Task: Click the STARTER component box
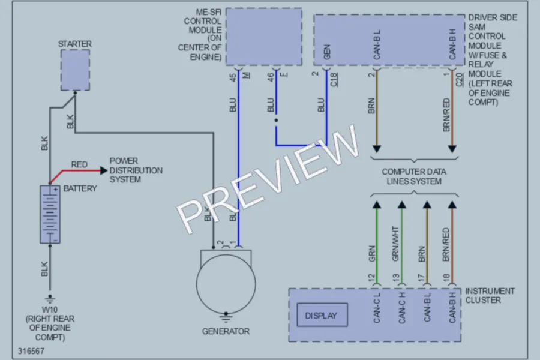tap(75, 70)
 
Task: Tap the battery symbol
tap(50, 214)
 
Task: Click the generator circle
tap(226, 284)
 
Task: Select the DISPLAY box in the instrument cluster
tap(322, 315)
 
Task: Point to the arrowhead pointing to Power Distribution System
tap(104, 170)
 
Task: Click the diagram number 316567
tap(31, 351)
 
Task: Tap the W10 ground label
tap(50, 310)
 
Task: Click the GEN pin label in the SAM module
tap(327, 52)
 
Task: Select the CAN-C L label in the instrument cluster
tap(377, 308)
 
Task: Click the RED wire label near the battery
tap(79, 164)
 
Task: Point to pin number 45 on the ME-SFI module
tap(233, 77)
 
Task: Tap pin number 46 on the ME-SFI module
tap(271, 77)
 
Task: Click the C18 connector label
tap(334, 80)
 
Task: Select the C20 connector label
tap(460, 80)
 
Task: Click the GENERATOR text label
tap(226, 331)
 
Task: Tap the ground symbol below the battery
tap(50, 298)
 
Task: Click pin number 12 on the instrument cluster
tap(371, 278)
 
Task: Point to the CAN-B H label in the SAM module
tap(452, 44)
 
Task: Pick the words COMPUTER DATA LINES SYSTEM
tap(414, 176)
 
